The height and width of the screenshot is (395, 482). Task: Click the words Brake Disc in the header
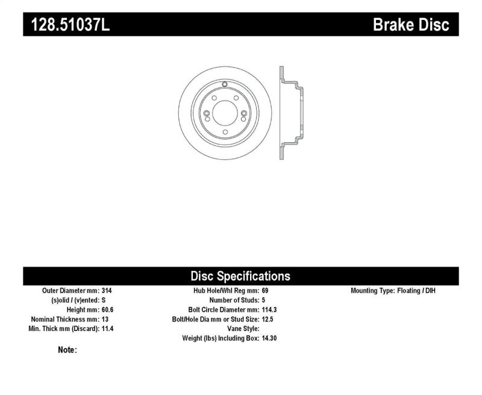[410, 25]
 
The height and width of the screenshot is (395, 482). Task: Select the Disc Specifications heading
[240, 276]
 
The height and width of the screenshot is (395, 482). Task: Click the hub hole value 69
[266, 290]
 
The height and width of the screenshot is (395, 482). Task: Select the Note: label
[67, 350]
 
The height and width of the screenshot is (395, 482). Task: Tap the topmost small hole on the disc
[224, 84]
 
